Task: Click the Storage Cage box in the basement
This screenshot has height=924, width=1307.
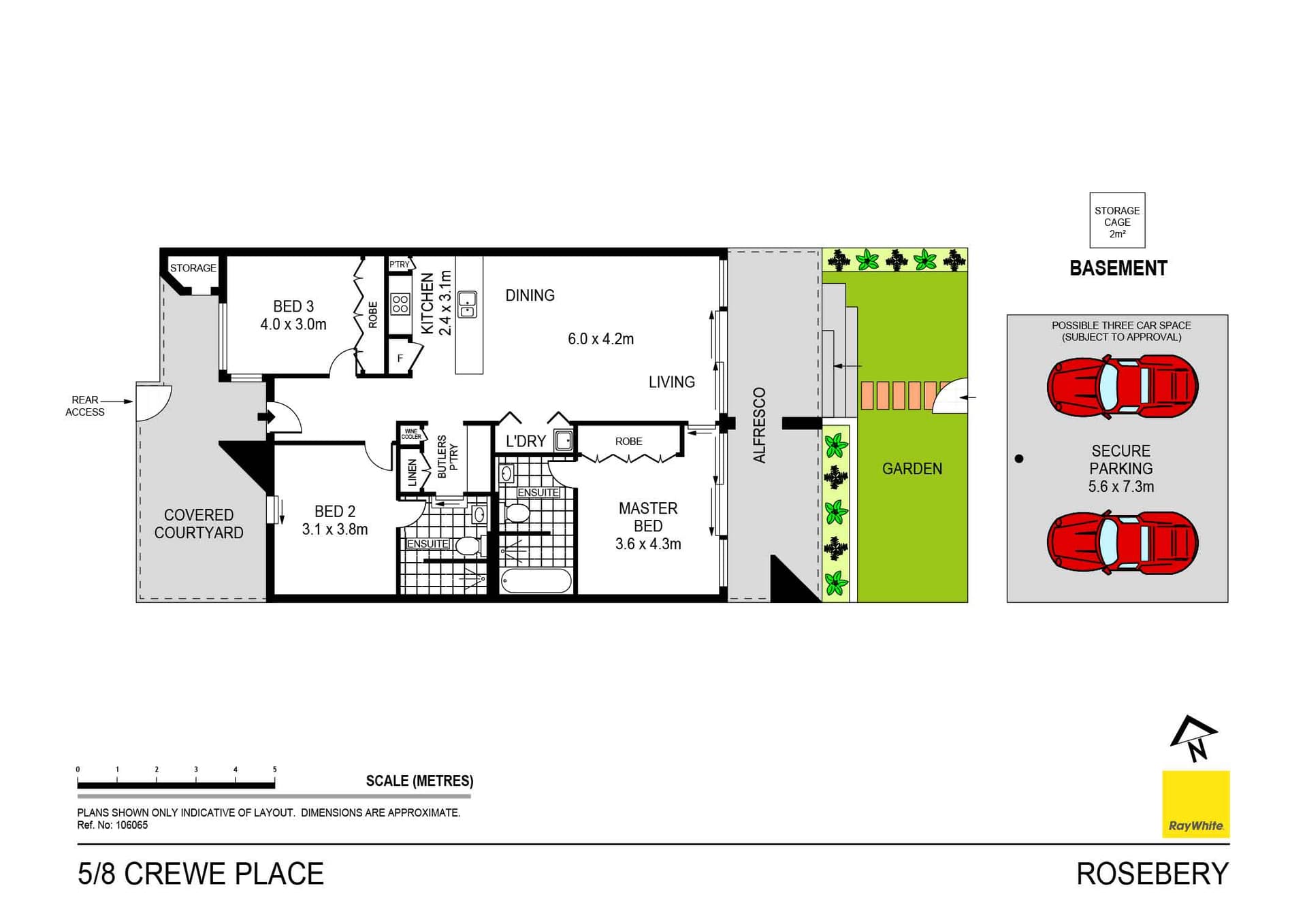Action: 1117,220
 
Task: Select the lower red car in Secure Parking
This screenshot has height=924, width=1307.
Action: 1123,543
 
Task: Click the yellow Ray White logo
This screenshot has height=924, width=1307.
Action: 1195,804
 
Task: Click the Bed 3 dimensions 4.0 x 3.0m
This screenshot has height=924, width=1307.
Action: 293,325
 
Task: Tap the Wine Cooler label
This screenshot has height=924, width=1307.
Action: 411,434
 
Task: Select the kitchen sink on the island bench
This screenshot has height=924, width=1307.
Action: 467,304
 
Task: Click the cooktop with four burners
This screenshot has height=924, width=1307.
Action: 400,303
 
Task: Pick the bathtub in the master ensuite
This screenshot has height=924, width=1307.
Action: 536,581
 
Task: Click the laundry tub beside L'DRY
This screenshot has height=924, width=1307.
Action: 564,441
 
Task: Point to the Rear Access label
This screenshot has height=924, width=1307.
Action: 85,406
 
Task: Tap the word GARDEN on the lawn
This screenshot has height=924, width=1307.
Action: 912,469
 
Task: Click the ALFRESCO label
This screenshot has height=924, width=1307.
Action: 760,425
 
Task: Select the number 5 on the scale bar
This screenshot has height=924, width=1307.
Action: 274,770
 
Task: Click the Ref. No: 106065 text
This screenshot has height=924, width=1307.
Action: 112,825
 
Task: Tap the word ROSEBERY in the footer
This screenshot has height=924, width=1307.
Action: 1152,874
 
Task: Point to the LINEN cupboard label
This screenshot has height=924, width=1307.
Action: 412,472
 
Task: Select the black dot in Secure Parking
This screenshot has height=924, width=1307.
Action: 1019,459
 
